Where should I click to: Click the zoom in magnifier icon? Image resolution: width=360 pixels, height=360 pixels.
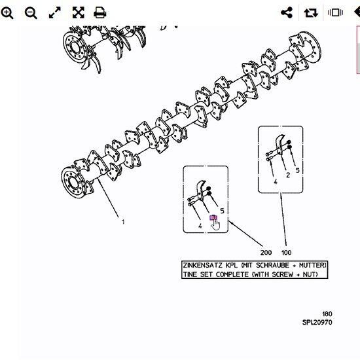pos(7,13)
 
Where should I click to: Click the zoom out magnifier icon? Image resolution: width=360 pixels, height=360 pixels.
pos(31,13)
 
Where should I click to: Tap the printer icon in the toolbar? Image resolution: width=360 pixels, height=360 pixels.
pos(100,12)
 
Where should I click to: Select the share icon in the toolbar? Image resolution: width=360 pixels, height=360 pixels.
pos(287,12)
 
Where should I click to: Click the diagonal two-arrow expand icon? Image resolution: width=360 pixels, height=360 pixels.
pos(55,12)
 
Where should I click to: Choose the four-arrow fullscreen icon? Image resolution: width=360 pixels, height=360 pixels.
pos(79,12)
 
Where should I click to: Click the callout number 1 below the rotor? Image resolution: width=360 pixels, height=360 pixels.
pos(123,222)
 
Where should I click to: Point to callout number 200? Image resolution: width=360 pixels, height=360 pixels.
pos(266,253)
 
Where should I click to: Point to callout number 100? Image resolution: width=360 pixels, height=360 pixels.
pos(286,253)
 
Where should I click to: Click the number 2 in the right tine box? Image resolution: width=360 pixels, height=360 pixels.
pos(288,175)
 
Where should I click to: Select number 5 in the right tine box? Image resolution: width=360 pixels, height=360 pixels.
pos(298,170)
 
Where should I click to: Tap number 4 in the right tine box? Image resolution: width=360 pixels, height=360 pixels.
pos(276,182)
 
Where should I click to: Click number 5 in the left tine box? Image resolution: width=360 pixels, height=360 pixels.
pos(222,211)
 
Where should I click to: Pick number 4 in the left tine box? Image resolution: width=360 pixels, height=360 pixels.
pos(200,226)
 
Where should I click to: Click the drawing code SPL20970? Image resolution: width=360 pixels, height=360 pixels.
pos(317,322)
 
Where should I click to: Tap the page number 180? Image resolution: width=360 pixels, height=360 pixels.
pos(327,314)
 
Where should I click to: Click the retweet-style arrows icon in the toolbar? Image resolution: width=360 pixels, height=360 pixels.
pos(311,12)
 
